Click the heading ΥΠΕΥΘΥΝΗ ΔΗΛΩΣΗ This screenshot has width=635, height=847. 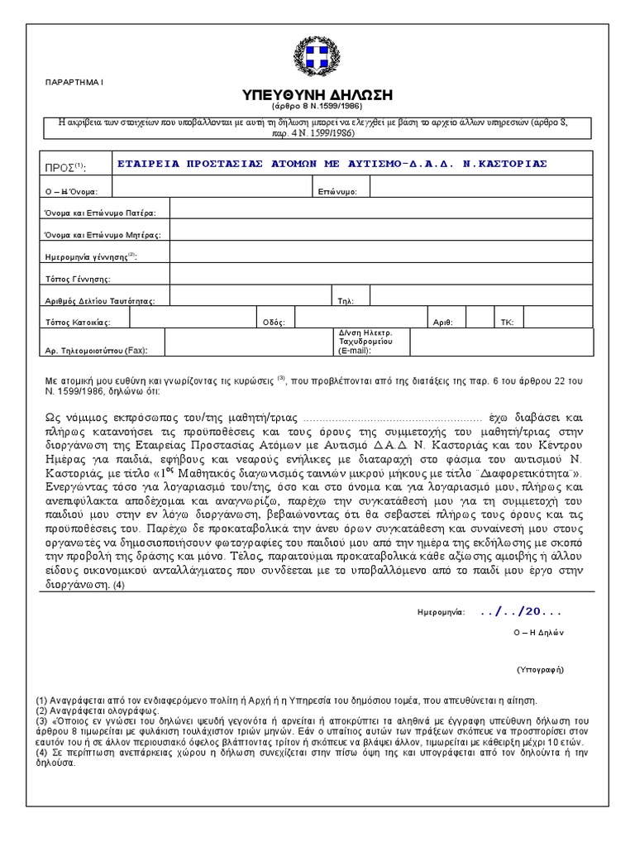(317, 93)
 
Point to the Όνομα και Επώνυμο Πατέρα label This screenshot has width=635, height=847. (99, 213)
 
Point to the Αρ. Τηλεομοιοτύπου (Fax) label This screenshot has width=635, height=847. (95, 351)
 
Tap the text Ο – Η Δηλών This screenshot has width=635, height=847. (537, 631)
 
